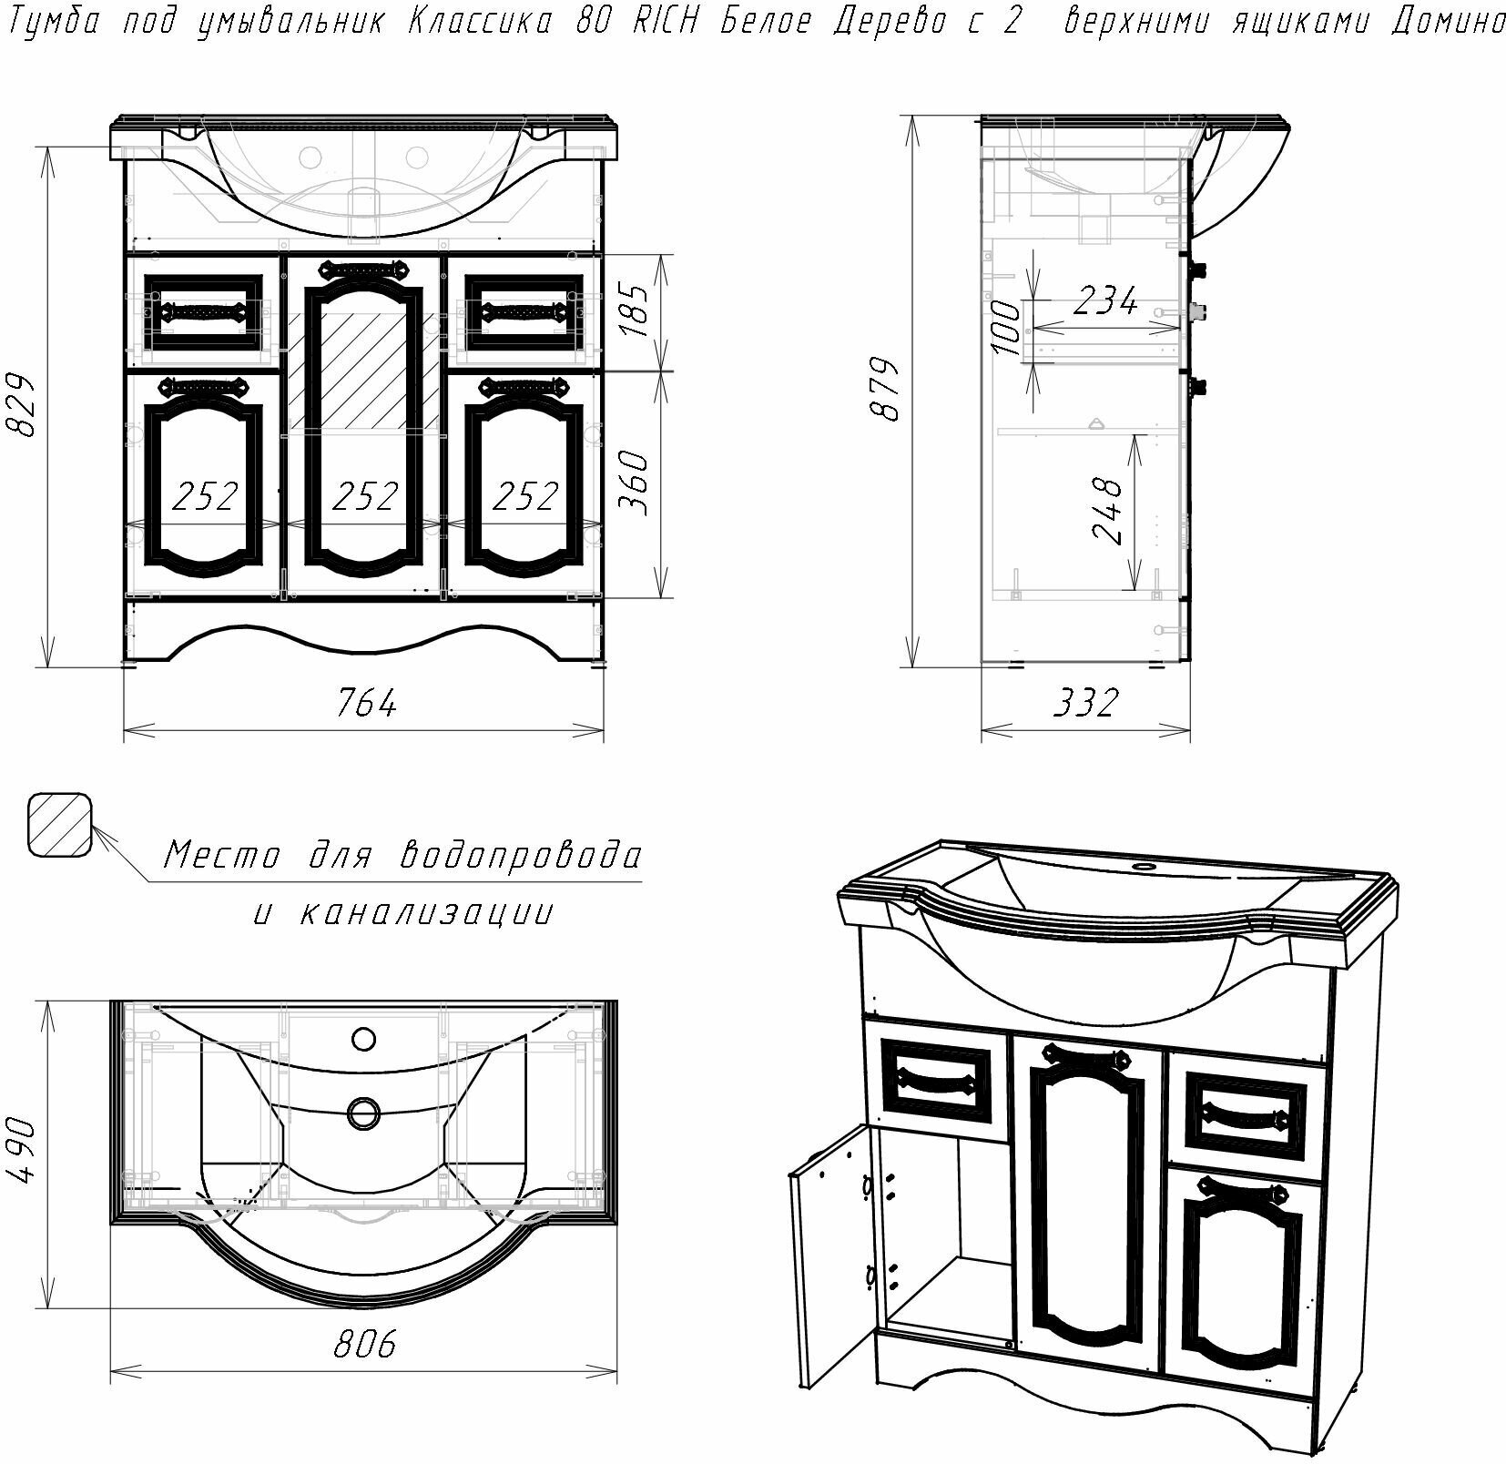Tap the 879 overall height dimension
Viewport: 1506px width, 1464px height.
[886, 389]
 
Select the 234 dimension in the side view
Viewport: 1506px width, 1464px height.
[1104, 300]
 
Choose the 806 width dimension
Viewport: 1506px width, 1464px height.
[364, 1343]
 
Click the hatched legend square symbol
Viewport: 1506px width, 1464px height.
[59, 824]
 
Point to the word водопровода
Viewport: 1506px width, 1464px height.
[522, 856]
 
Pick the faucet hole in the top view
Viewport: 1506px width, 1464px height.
[364, 1038]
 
